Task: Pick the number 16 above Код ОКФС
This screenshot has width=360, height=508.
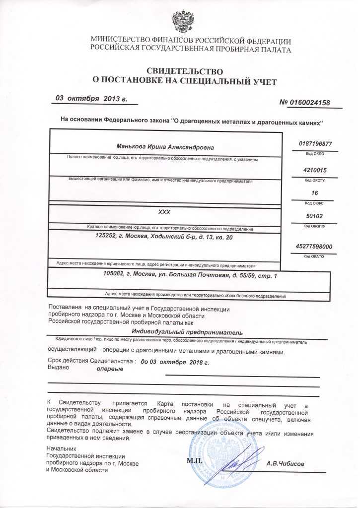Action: pyautogui.click(x=314, y=192)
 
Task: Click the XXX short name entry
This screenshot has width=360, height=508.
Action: pyautogui.click(x=164, y=212)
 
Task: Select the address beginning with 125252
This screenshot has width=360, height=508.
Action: pyautogui.click(x=163, y=238)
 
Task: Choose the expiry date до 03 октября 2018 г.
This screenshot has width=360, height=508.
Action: pyautogui.click(x=175, y=362)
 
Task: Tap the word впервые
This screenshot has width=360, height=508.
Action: pyautogui.click(x=110, y=370)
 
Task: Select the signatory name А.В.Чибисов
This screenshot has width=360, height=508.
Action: pyautogui.click(x=286, y=463)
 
